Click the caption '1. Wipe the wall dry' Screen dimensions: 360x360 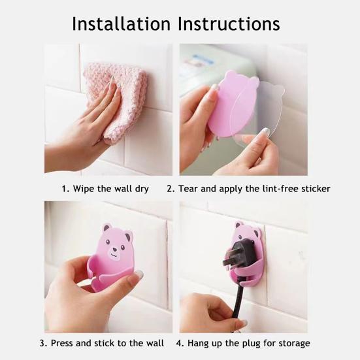coord(105,189)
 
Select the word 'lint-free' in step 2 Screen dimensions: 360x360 coord(278,189)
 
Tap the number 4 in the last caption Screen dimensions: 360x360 coord(179,343)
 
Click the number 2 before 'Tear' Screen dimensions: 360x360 coord(169,189)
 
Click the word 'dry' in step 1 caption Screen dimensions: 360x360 coord(140,189)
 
